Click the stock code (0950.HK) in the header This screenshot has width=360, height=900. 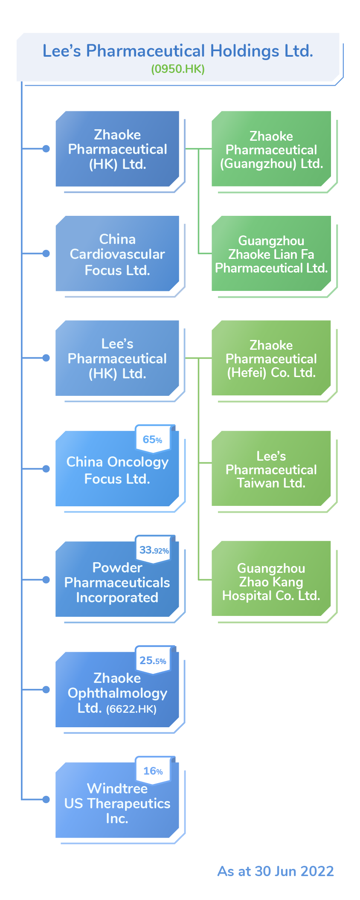[178, 69]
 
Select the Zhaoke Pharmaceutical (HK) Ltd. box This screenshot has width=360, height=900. [117, 149]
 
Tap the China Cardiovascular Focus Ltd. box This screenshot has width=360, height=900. [117, 254]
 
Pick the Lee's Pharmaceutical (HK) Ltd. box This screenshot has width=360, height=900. [117, 359]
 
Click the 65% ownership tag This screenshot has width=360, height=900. [152, 440]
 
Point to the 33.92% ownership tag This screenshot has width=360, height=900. [154, 550]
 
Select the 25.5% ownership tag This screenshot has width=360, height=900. [153, 661]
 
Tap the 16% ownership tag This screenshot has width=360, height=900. [153, 771]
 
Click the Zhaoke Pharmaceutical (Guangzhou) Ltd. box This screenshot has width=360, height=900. [271, 150]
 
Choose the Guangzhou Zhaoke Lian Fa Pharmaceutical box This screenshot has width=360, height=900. [271, 254]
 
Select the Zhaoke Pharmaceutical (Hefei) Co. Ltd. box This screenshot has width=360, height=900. [271, 359]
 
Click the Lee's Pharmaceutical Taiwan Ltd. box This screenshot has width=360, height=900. [271, 469]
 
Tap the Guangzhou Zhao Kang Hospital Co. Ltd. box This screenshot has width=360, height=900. [271, 582]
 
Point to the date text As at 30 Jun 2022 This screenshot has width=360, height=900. [276, 871]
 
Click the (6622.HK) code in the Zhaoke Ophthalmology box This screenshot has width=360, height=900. [131, 709]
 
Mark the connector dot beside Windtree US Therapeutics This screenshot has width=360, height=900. [46, 799]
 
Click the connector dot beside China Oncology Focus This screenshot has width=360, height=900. [46, 469]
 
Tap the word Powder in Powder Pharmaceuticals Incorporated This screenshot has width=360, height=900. [117, 568]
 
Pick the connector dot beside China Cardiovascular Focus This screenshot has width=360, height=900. [46, 253]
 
